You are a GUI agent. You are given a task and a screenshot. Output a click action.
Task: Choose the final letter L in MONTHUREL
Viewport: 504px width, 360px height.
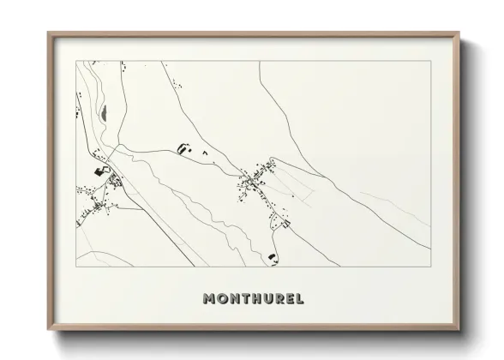(x=301, y=299)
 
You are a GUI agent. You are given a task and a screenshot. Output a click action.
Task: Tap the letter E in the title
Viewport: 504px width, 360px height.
(x=291, y=299)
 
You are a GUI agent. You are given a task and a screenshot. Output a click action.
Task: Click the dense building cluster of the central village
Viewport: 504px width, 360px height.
(x=249, y=180)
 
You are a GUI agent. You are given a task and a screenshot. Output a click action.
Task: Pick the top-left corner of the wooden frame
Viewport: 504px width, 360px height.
(x=48, y=33)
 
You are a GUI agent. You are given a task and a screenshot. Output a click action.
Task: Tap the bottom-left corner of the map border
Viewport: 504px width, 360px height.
(x=77, y=266)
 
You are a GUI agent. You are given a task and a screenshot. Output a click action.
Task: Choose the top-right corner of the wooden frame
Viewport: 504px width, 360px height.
(x=460, y=33)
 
